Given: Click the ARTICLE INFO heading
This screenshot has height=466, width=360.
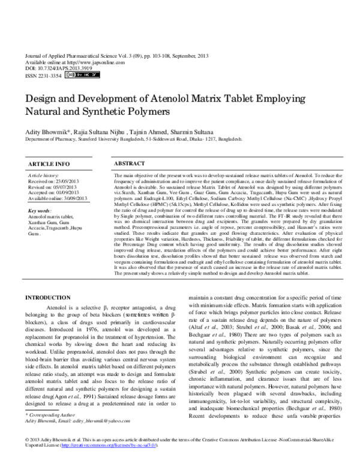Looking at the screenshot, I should tap(45, 164).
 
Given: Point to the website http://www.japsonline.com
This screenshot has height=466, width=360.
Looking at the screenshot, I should tap(89, 62).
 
